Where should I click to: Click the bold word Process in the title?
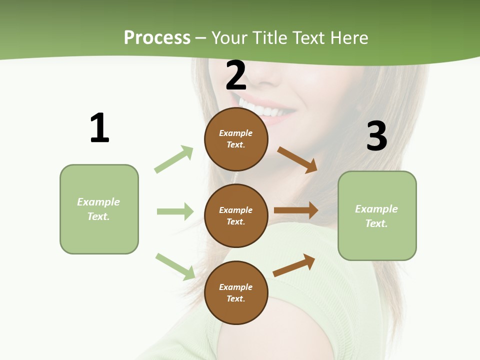157,38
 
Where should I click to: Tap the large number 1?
99,128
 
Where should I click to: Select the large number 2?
236,75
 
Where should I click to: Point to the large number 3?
376,136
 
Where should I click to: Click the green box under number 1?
99,209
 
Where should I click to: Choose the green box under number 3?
377,215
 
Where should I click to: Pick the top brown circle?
236,139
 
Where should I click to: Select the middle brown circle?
236,215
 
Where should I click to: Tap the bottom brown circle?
236,292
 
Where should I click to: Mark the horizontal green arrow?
175,211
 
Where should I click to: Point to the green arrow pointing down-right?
175,266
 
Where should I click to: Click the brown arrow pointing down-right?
297,159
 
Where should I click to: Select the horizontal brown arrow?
296,210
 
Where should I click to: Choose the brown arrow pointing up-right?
294,265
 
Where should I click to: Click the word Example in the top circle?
236,133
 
